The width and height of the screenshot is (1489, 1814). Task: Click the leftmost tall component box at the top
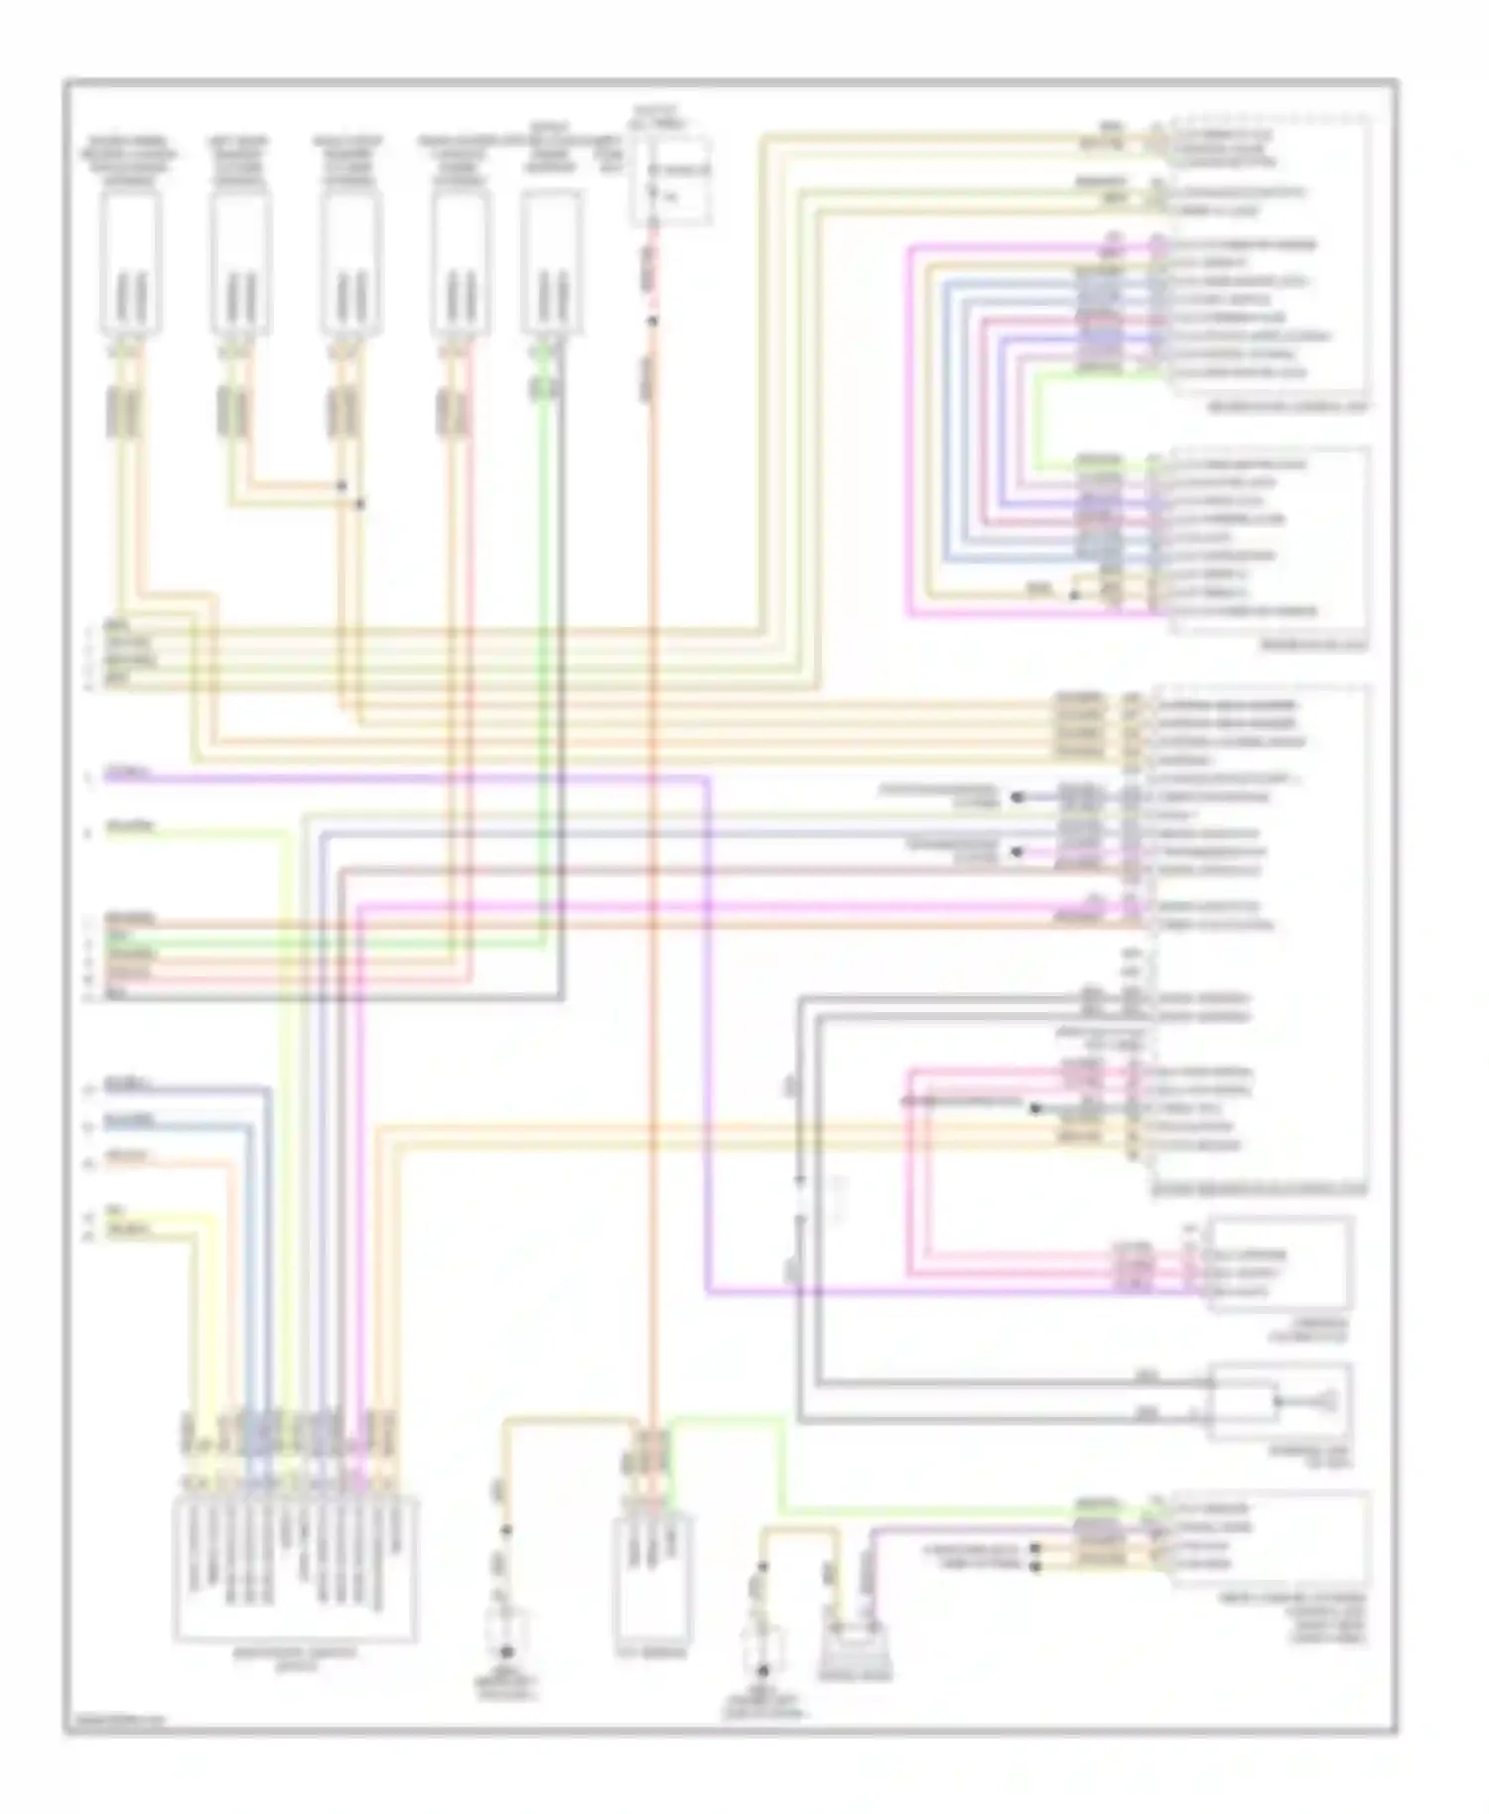coord(130,262)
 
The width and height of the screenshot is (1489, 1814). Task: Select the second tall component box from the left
coord(239,262)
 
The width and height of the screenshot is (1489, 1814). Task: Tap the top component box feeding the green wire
coord(550,262)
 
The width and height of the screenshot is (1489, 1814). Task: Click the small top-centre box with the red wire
coord(671,179)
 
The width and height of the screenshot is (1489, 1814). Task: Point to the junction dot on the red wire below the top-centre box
coord(652,321)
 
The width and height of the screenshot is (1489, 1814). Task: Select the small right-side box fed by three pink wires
coord(1280,1263)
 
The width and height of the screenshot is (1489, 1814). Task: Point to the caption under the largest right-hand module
coord(1258,1189)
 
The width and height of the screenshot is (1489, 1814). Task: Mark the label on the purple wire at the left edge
coord(129,773)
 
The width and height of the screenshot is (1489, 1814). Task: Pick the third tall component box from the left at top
coord(349,262)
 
